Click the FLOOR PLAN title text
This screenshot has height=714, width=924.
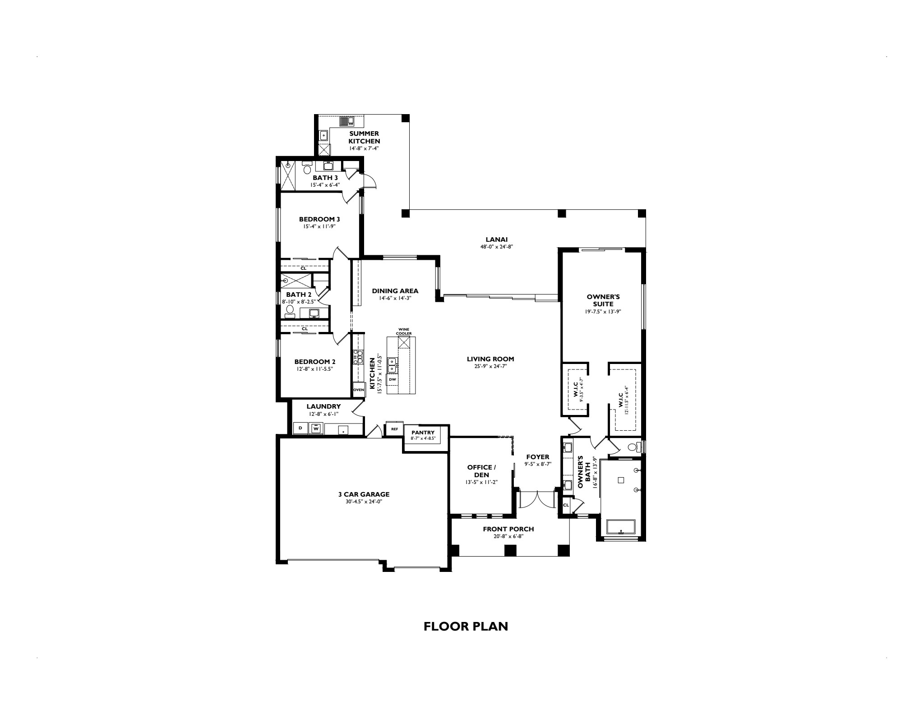[466, 626]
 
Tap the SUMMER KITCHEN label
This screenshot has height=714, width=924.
[364, 138]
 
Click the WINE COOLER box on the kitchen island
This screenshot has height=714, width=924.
[404, 342]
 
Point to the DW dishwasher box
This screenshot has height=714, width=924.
[393, 379]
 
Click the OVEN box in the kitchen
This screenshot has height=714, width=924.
[359, 390]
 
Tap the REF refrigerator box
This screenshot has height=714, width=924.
[394, 429]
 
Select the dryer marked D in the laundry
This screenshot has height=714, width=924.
[300, 428]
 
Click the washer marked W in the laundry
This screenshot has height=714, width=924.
[316, 428]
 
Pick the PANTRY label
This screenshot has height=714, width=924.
[423, 433]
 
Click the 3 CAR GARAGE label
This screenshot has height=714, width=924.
[364, 494]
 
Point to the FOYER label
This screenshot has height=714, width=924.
[537, 457]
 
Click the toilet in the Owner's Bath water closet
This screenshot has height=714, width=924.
[634, 447]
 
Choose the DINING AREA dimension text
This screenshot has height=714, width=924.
[395, 298]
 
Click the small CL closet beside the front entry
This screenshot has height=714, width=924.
[566, 505]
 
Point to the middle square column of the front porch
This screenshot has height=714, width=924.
[510, 550]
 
